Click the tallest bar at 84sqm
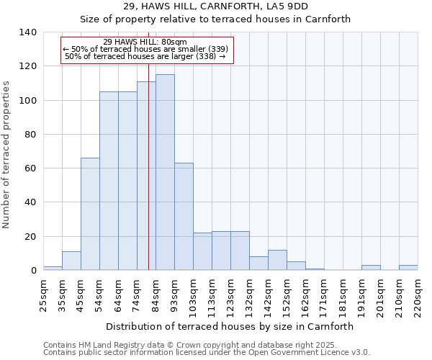coord(165,173)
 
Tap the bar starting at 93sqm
coord(184,217)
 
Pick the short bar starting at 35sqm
coord(71,261)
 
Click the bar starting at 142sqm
coord(277,261)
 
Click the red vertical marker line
coord(148,180)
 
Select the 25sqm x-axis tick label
coord(43,294)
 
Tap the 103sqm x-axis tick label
coord(193,294)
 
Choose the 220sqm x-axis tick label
coord(418,294)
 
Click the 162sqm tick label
coord(305,294)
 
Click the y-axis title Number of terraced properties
coord(7,155)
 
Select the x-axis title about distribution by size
coord(230,326)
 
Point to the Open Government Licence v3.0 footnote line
coord(207,352)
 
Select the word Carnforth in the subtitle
coord(328,19)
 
